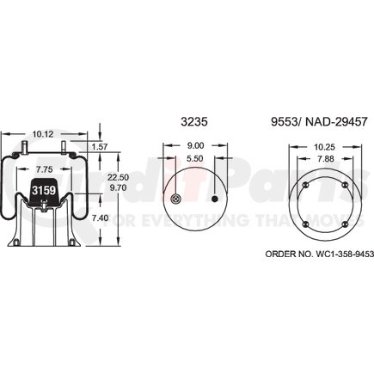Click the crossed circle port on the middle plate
pos(176,200)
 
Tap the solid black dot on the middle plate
pos(214,200)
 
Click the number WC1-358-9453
pos(322,255)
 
